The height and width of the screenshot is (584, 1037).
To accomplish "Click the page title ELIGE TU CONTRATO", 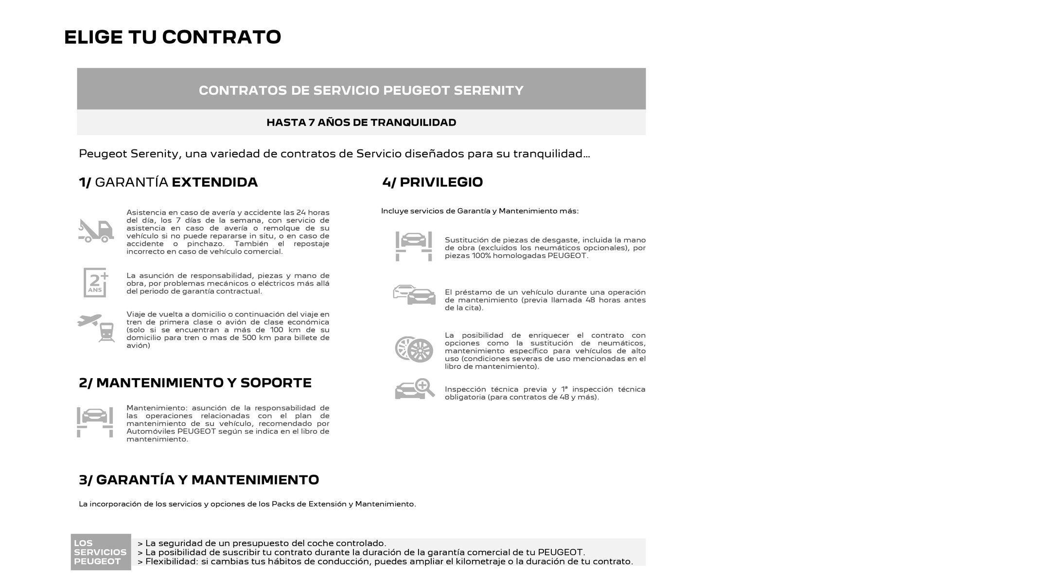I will [173, 37].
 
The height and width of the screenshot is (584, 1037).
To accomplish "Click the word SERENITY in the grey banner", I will [488, 91].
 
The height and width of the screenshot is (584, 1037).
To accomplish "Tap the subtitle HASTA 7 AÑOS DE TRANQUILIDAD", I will [361, 123].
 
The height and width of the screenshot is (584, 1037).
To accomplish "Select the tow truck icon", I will [96, 231].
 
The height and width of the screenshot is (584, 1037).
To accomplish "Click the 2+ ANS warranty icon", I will [96, 282].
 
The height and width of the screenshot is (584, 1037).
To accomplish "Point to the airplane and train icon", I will [96, 328].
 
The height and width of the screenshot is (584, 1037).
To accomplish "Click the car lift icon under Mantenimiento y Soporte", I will [95, 422].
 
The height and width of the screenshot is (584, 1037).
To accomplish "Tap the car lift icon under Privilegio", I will [414, 246].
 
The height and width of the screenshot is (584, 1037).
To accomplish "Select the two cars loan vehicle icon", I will [414, 295].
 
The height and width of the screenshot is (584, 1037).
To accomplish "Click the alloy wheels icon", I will [414, 349].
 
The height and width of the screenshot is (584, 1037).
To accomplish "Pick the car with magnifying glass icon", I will [414, 389].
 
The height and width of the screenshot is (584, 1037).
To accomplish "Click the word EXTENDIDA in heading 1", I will [214, 182].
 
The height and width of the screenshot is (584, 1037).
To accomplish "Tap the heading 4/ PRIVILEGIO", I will [432, 182].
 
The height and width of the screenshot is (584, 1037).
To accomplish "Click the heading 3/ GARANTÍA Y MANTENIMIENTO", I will [199, 480].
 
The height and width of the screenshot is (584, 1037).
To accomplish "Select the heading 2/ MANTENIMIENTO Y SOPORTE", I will [195, 383].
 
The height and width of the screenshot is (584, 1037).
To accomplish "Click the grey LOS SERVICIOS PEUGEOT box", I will [101, 552].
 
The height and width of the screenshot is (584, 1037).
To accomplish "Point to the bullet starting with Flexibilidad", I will [385, 562].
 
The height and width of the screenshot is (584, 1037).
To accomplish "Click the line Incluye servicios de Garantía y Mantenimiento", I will [479, 211].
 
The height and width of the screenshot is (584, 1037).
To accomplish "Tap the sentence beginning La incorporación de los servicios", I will [247, 504].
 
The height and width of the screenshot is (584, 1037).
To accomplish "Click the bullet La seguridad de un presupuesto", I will [262, 544].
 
